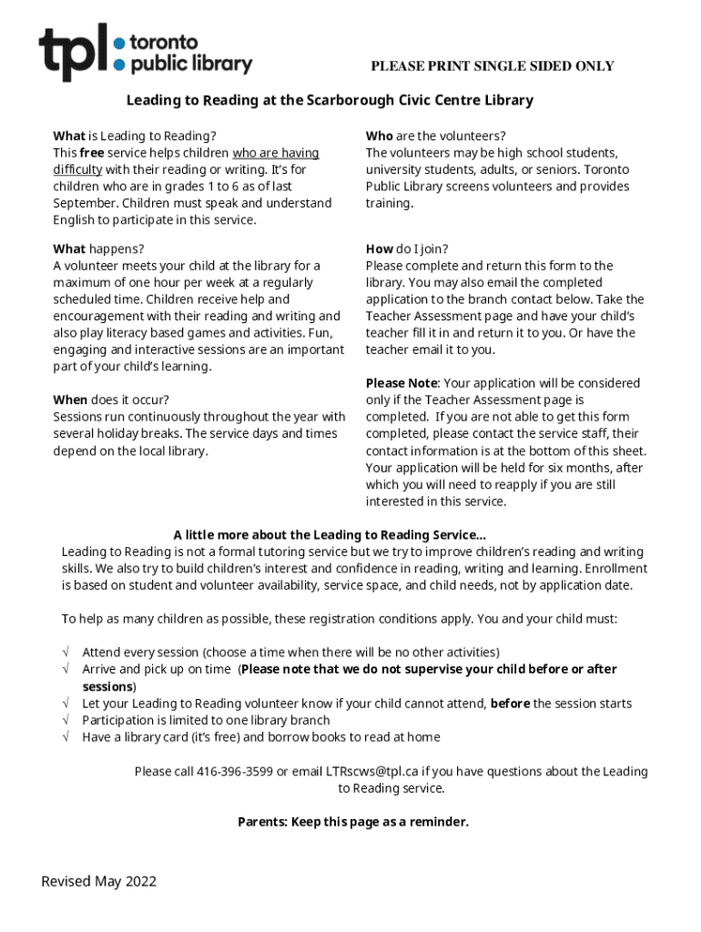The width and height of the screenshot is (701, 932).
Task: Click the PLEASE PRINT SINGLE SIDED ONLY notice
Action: [492, 66]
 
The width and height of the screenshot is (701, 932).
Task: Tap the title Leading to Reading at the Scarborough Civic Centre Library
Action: [330, 100]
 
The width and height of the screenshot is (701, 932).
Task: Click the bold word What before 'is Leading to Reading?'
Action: [69, 137]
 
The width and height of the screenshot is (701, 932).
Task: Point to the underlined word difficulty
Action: [77, 169]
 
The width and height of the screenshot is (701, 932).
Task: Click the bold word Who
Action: [379, 137]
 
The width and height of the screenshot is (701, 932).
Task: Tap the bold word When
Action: [70, 400]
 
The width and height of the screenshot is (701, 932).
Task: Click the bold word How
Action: [380, 248]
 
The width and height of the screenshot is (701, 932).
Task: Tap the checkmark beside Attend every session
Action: [66, 653]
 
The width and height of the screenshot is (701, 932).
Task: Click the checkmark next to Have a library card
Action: [66, 737]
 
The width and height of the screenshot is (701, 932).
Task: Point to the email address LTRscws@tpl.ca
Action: [365, 772]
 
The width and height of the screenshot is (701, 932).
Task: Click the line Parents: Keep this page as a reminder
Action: [353, 822]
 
